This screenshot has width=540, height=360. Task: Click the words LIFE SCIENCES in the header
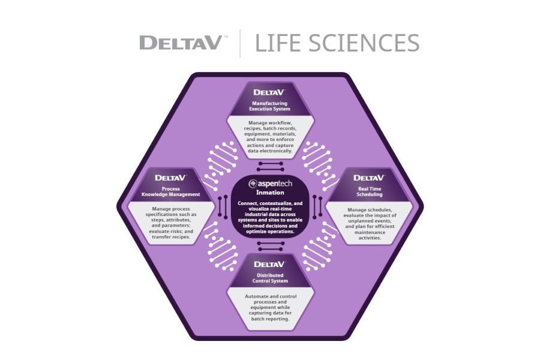337,43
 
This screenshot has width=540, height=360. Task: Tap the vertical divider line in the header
241,43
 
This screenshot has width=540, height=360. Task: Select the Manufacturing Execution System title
269,106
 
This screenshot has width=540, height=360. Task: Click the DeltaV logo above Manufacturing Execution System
269,93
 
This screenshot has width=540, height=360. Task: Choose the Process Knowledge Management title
171,191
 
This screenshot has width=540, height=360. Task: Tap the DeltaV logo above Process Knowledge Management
171,178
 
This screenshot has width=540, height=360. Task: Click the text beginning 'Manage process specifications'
171,223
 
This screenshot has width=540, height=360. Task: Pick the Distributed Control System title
269,278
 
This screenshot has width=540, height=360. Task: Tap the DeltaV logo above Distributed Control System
269,265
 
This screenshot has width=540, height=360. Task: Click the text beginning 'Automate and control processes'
269,307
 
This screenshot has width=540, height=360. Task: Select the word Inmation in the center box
269,193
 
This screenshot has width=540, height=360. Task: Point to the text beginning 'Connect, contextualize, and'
269,217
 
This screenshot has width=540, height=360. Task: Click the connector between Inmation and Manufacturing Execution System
269,166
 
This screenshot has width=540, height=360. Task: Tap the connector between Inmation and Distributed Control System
269,245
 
